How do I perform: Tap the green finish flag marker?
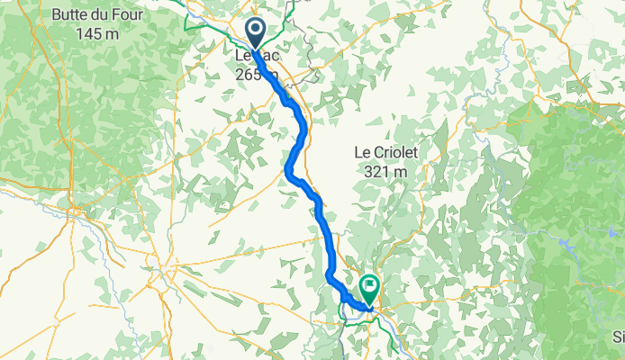[370, 289]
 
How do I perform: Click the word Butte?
[71, 15]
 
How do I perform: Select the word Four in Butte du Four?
[130, 15]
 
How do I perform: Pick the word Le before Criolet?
[362, 154]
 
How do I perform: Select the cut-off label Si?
[618, 337]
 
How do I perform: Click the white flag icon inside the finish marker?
[370, 285]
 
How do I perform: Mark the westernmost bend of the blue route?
[287, 168]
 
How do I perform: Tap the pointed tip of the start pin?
[256, 49]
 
